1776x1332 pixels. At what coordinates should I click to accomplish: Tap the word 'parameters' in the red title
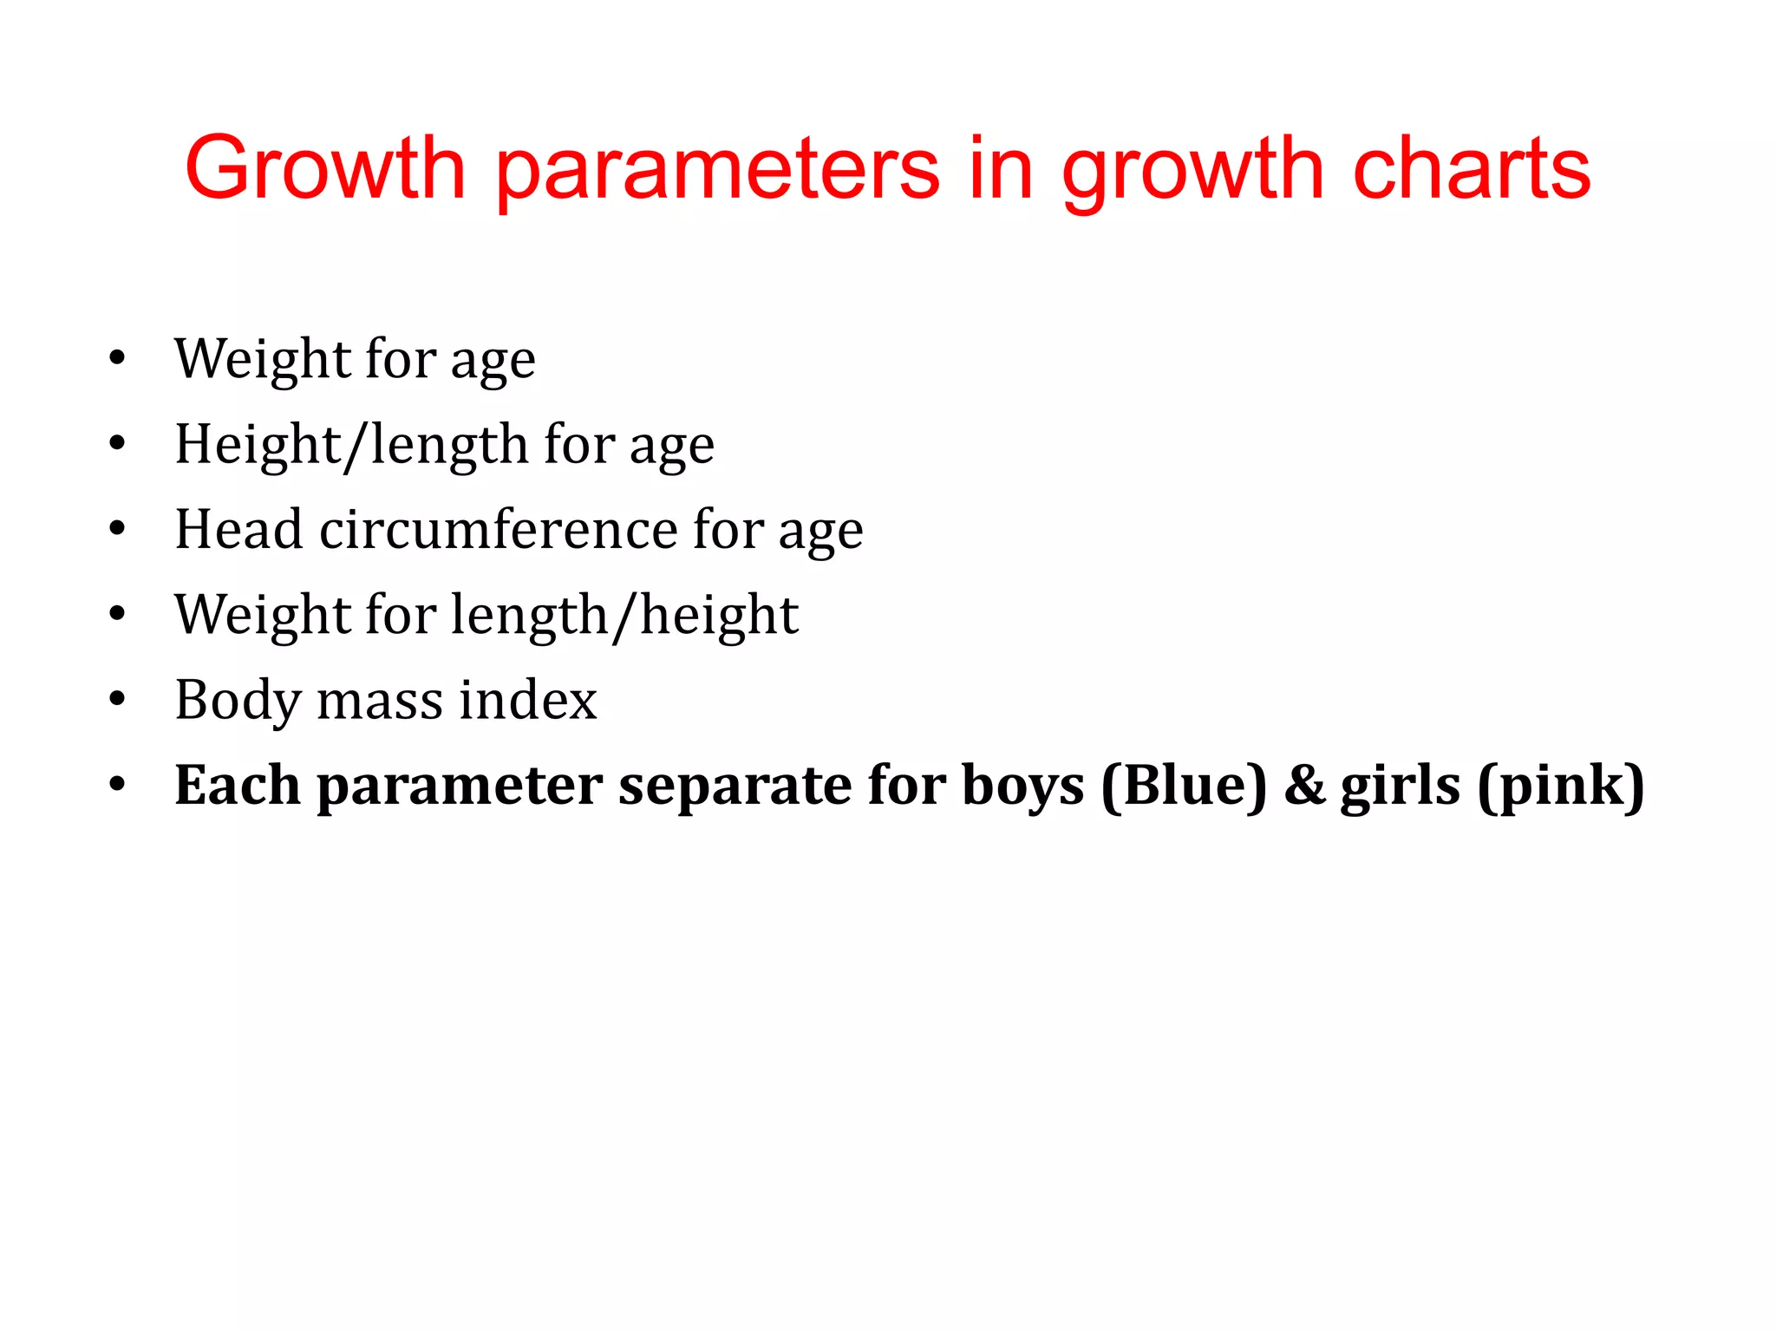click(x=717, y=171)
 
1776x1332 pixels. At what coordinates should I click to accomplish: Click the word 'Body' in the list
click(x=238, y=701)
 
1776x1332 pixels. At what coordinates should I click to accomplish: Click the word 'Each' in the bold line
click(x=238, y=785)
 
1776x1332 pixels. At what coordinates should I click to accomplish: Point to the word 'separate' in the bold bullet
click(x=735, y=786)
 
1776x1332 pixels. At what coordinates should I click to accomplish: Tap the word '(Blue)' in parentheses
click(x=1185, y=787)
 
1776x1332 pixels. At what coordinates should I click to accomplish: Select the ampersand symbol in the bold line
click(x=1304, y=786)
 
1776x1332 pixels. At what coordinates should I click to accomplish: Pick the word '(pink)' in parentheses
click(x=1561, y=787)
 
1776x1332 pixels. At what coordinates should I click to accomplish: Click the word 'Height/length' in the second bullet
click(x=351, y=445)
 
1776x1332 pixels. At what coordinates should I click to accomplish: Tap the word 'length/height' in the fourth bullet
click(x=624, y=616)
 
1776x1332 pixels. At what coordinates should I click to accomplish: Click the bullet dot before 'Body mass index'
click(x=117, y=699)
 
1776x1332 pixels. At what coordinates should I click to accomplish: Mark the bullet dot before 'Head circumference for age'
click(x=117, y=528)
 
